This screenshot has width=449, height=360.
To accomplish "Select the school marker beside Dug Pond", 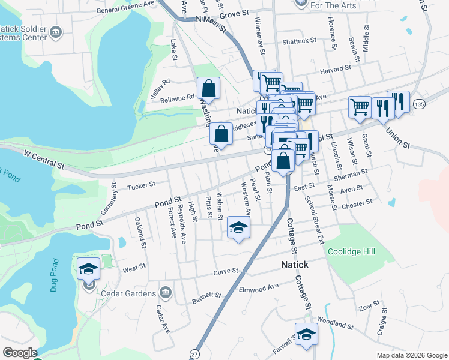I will [88, 268].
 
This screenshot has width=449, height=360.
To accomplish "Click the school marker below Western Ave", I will [238, 228].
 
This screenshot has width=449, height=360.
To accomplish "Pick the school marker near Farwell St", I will [306, 335].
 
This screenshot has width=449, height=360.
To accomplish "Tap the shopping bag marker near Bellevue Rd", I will [208, 89].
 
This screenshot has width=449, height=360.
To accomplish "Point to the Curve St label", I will [226, 272].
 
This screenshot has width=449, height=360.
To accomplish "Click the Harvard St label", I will [335, 69].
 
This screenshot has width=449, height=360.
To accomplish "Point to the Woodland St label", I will [335, 324].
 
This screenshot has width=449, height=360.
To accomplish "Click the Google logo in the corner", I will [19, 353].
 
